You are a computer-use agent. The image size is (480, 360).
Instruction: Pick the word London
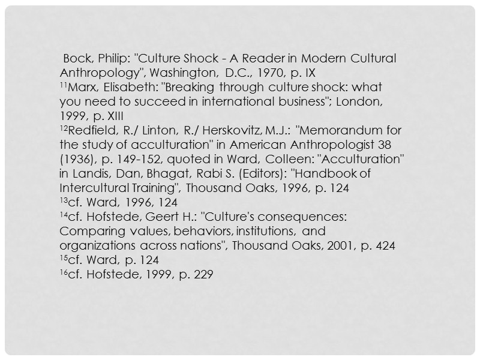pos(357,102)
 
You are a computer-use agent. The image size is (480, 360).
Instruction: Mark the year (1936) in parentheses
pos(75,160)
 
